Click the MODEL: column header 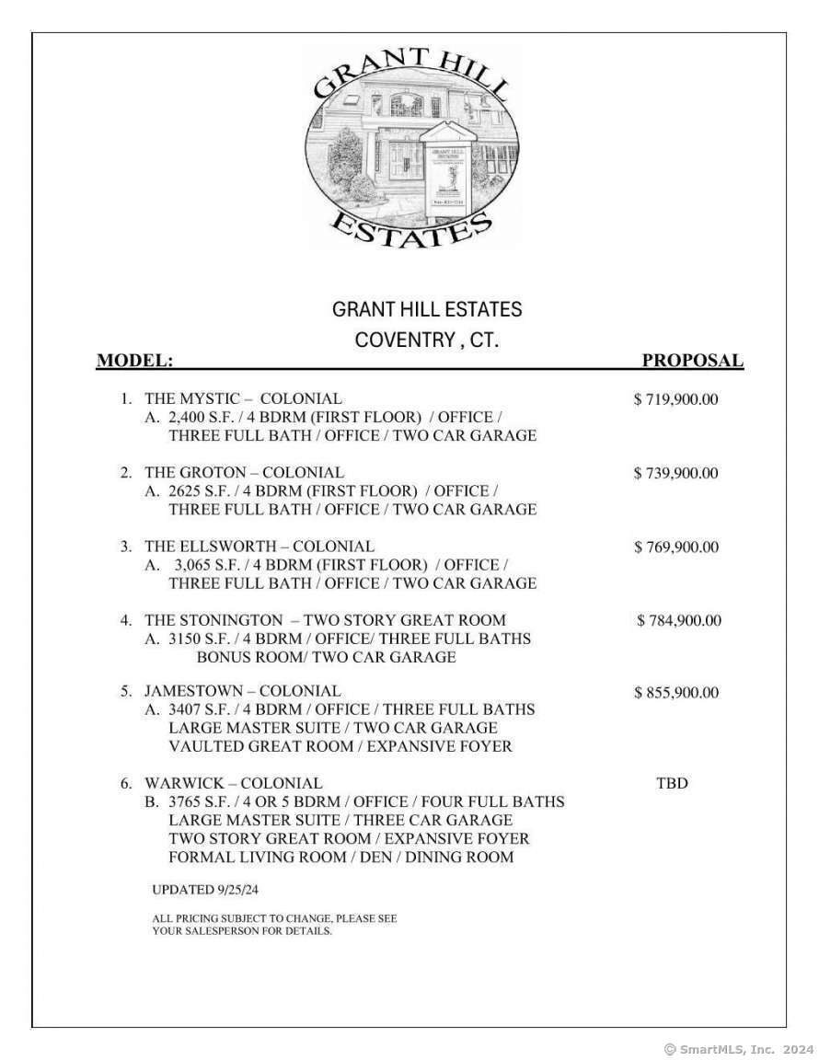point(134,361)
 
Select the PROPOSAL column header point(692,361)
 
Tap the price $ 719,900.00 point(676,399)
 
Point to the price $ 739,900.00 point(676,473)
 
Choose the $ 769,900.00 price point(676,547)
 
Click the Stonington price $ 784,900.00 point(679,620)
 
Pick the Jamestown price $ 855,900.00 point(676,693)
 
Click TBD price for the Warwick point(672,784)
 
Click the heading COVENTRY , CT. point(427,340)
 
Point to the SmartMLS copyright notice point(739,1048)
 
